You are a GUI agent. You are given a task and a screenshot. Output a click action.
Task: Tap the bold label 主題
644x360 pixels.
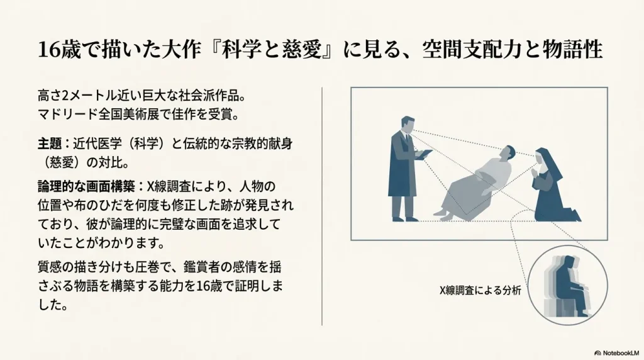(49, 144)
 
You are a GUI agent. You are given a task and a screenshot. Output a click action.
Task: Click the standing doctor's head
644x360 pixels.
(407, 125)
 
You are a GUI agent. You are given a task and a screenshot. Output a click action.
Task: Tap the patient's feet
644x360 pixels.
(443, 215)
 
